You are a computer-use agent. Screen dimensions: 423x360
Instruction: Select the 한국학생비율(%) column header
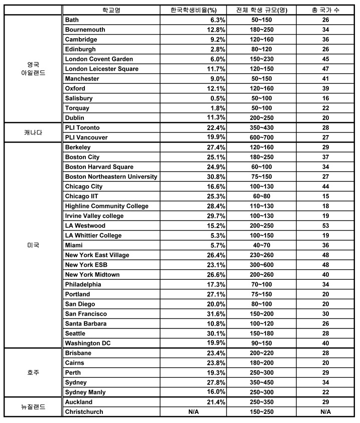tap(193, 10)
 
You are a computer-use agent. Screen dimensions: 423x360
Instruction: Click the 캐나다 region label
tap(33, 132)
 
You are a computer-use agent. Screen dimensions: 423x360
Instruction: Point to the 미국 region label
tap(33, 245)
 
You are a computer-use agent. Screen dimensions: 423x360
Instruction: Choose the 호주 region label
tap(33, 372)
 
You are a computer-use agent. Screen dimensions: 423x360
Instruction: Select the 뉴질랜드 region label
tap(33, 407)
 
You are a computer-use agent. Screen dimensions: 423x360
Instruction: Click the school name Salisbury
tap(79, 98)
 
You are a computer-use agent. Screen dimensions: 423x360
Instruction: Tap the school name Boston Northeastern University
tap(111, 177)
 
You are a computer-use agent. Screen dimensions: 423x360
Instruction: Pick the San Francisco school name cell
tap(86, 314)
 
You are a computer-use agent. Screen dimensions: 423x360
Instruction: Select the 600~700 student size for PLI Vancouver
tap(261, 138)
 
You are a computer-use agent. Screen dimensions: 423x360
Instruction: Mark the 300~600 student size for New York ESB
tap(261, 265)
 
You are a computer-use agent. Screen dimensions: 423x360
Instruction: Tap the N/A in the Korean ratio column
tap(194, 412)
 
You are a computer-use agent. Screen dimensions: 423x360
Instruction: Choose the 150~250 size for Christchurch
tap(261, 412)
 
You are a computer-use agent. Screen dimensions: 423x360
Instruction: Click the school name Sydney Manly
tap(85, 392)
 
